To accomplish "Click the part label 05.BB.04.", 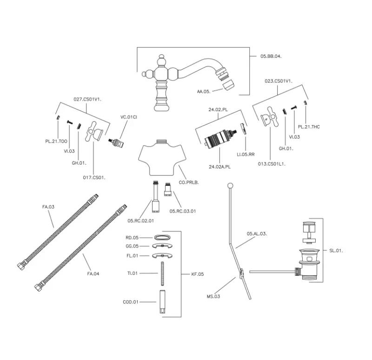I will click(x=271, y=56).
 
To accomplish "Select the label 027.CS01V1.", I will click(x=88, y=99).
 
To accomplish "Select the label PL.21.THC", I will click(x=309, y=127).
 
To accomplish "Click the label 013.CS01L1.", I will click(x=272, y=164).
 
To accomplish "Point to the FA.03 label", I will click(x=48, y=206).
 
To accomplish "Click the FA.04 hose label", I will click(x=93, y=273).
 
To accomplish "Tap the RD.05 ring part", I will click(x=161, y=237).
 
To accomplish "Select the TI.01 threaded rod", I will click(x=162, y=273).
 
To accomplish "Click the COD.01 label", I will click(x=131, y=302).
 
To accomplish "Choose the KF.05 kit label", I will click(x=198, y=274).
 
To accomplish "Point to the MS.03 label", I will click(x=213, y=296).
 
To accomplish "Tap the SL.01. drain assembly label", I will click(x=336, y=251).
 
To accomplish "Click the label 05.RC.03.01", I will click(x=183, y=211).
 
